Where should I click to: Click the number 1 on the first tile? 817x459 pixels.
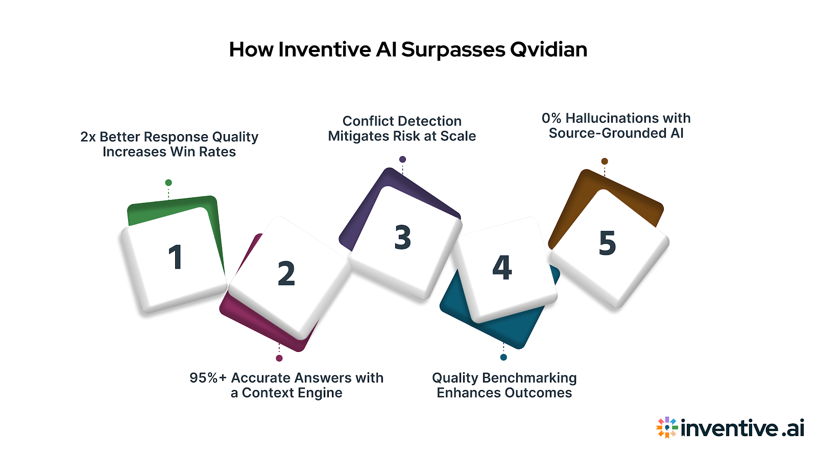coord(176,257)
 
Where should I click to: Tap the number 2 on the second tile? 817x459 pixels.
coord(286,274)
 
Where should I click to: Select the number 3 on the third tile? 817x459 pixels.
coord(403,238)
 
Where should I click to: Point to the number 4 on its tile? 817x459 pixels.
coord(502,268)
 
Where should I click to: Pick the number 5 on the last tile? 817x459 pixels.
coord(607,243)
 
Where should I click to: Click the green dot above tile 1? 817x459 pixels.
coord(169,183)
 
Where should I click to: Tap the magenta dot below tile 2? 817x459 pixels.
coord(279,358)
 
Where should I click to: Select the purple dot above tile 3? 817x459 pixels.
coord(402,160)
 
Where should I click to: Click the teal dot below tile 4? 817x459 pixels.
coord(503,357)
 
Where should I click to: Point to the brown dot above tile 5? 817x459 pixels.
coord(605,161)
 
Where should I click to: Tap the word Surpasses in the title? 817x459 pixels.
coord(452,49)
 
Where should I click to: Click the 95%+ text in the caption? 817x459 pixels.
coord(208,378)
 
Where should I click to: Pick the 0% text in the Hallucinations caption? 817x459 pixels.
coord(551,118)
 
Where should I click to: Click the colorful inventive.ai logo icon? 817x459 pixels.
coord(667,427)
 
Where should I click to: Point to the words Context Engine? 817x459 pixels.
coord(292,393)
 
